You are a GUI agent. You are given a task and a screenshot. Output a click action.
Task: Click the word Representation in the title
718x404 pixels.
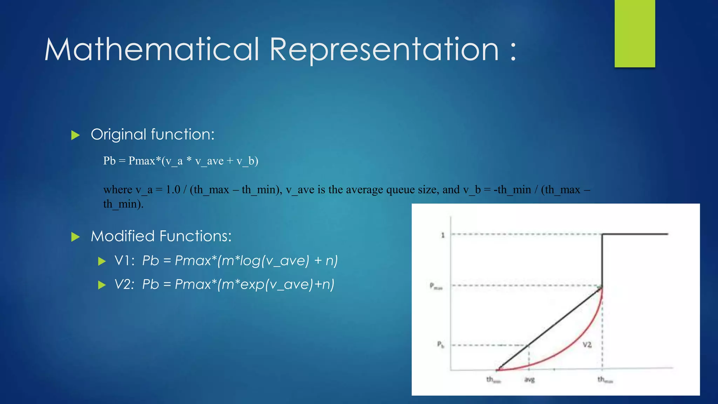coord(384,50)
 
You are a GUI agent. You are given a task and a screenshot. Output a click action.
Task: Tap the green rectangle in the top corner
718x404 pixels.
coord(635,33)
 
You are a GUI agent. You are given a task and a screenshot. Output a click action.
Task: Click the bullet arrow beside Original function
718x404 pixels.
coord(75,135)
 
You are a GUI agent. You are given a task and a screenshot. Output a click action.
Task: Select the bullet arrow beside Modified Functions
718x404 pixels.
coord(75,237)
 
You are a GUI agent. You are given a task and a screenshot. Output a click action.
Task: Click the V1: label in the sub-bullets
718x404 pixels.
coord(124,261)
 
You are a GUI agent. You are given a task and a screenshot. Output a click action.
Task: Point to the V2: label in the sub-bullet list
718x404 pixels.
coord(124,284)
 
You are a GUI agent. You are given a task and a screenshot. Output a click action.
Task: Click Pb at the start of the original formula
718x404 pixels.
coord(109,161)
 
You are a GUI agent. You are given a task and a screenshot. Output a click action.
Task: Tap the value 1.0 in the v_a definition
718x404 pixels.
coord(173,190)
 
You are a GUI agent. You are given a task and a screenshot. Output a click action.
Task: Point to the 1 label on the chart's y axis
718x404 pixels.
coord(443,235)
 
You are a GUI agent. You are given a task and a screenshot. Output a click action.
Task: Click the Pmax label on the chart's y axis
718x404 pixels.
coord(436,286)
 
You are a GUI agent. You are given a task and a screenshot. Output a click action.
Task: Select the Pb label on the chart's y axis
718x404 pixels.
coord(440,345)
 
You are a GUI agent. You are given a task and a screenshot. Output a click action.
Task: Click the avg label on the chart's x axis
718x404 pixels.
coord(529,380)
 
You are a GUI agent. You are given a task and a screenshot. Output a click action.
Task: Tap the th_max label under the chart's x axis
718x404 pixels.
coord(605,380)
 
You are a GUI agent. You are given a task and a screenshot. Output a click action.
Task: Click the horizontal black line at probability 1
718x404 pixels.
coord(635,234)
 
